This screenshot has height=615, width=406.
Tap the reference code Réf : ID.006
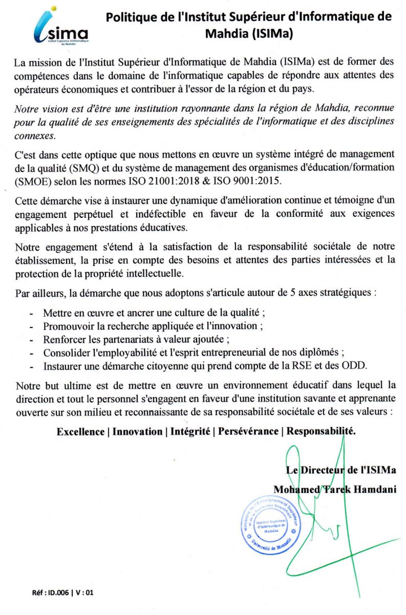tap(51, 593)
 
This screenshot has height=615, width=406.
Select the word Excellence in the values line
tap(80, 432)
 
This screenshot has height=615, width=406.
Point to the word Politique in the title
tap(129, 17)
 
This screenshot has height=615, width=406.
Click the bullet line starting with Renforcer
tap(136, 339)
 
